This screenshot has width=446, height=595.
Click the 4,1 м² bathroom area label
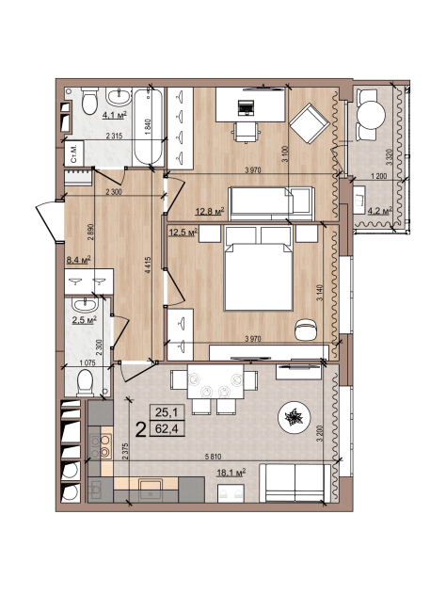[114, 114]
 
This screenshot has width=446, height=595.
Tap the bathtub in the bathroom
[149, 127]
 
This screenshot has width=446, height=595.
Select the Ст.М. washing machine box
[74, 153]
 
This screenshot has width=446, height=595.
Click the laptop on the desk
[246, 107]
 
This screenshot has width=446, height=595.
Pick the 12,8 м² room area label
[209, 211]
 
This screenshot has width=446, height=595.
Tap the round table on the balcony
[372, 115]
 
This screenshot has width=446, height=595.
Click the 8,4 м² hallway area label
[79, 260]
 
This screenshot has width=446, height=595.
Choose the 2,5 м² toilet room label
[84, 320]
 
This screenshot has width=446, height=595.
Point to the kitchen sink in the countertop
[151, 490]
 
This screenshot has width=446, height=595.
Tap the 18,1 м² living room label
[231, 473]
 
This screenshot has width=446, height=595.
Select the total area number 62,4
[167, 429]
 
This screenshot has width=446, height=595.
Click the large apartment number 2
[141, 430]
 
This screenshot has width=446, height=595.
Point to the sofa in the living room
[295, 483]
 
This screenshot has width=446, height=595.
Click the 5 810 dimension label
[213, 457]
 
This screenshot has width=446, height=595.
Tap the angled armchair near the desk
[309, 123]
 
